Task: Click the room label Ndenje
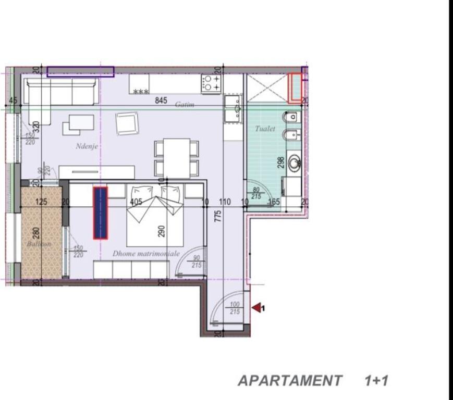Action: pyautogui.click(x=87, y=146)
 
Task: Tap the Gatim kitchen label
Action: pyautogui.click(x=185, y=105)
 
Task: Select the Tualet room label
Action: pyautogui.click(x=265, y=129)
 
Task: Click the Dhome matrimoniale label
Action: pyautogui.click(x=146, y=254)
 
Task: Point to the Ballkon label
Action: pyautogui.click(x=40, y=244)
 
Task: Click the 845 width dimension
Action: pyautogui.click(x=161, y=101)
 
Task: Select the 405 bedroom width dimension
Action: pyautogui.click(x=136, y=202)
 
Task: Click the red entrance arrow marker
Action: pyautogui.click(x=256, y=308)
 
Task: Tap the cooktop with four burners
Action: pyautogui.click(x=211, y=83)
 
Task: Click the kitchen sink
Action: pyautogui.click(x=232, y=108)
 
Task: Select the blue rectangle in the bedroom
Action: pyautogui.click(x=100, y=213)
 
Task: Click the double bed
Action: pyautogui.click(x=155, y=215)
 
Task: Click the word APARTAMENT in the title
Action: pyautogui.click(x=290, y=381)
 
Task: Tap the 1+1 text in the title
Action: pyautogui.click(x=376, y=381)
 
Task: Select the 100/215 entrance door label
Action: pyautogui.click(x=235, y=308)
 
